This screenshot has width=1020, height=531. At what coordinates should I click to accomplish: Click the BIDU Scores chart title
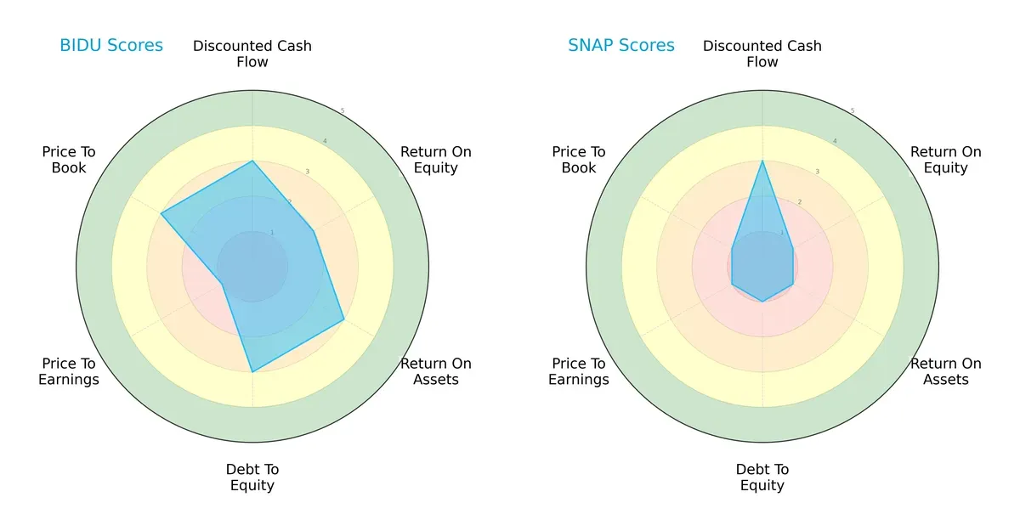click(110, 46)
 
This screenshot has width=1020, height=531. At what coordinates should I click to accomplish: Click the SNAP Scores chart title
click(620, 46)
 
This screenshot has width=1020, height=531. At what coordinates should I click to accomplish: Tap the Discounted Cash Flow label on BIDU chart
click(252, 54)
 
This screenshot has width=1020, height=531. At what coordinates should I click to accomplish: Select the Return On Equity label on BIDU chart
click(435, 160)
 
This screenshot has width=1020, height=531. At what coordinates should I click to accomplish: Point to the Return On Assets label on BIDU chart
click(435, 371)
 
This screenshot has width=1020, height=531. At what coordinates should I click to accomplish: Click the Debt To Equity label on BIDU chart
click(252, 477)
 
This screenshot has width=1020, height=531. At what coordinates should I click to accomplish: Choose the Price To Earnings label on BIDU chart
click(69, 371)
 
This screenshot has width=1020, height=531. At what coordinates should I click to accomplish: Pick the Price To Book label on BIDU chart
click(69, 160)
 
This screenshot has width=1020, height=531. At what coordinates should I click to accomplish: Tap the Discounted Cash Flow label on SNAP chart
click(762, 54)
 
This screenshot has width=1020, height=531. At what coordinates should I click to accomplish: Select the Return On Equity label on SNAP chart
click(945, 160)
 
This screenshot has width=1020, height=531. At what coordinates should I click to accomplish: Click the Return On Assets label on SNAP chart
click(945, 371)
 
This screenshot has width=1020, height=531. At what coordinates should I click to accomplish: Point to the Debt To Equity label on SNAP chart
click(762, 477)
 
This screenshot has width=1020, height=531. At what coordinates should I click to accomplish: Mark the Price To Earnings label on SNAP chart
click(579, 371)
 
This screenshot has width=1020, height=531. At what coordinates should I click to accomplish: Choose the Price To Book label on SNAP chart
click(579, 160)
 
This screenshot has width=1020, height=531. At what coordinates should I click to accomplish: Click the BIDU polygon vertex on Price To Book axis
click(161, 213)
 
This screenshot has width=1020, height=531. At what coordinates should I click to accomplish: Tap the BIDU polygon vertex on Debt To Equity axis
click(252, 371)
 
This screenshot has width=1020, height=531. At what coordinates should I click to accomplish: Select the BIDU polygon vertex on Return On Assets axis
click(343, 319)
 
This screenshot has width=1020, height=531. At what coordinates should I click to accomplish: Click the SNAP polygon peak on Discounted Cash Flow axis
click(762, 161)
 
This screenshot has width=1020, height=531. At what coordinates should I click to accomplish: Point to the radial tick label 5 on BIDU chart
click(343, 111)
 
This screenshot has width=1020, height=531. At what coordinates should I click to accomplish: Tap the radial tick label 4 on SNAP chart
click(835, 141)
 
